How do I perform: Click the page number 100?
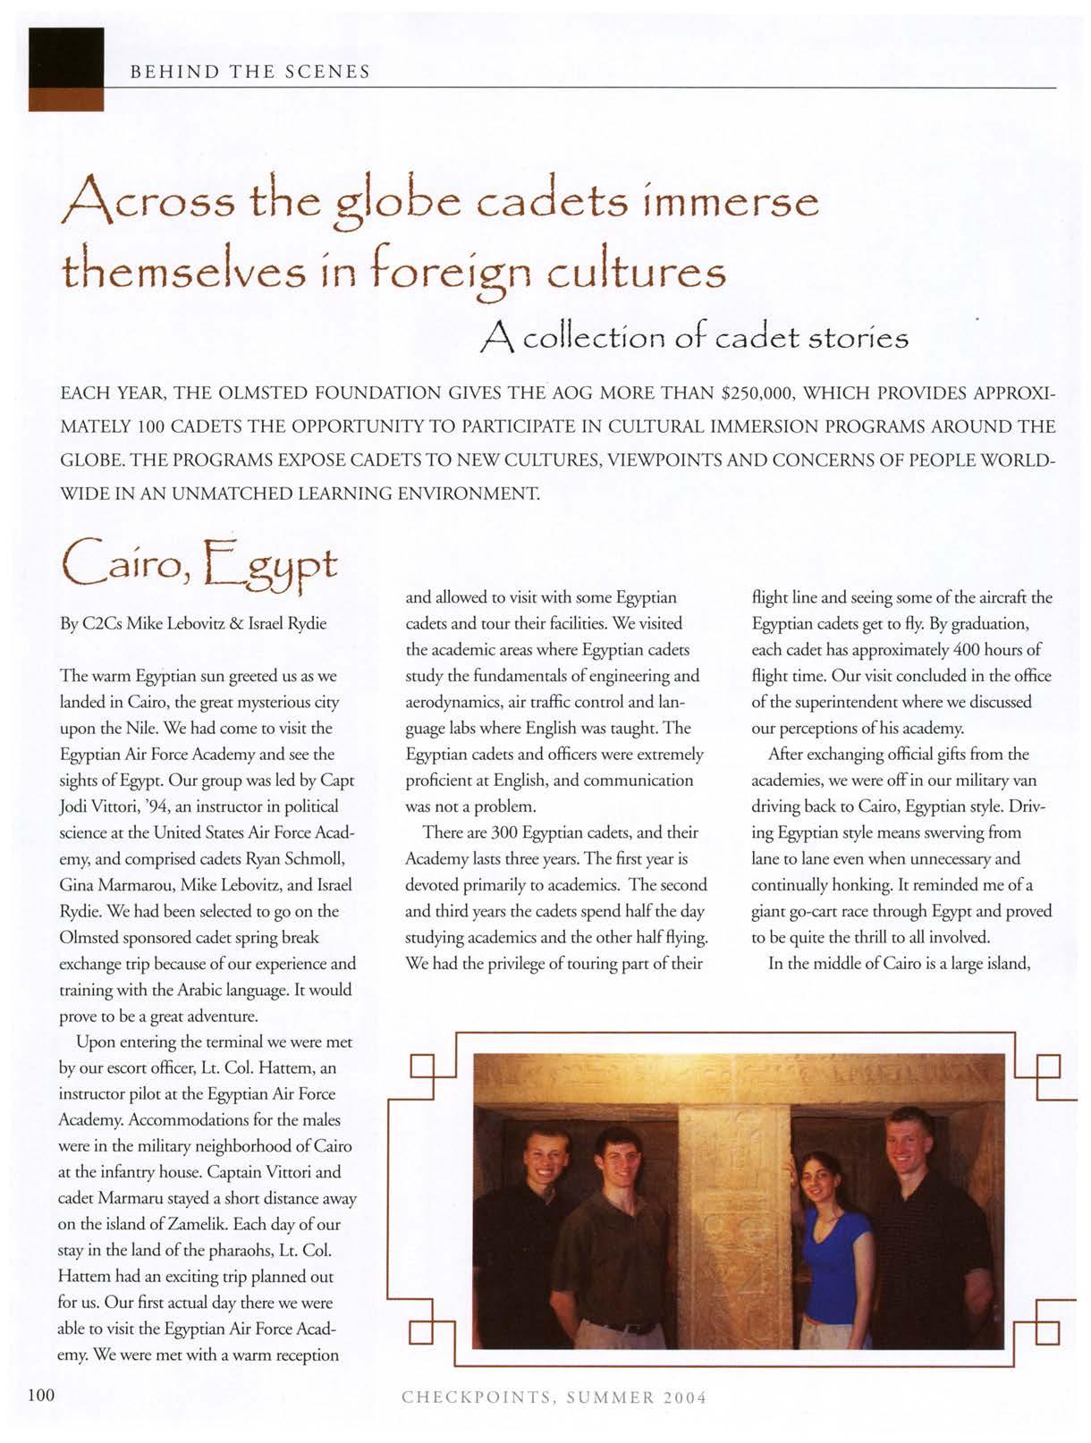(42, 1396)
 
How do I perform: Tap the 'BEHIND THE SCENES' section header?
(249, 71)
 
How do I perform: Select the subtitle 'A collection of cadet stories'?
(695, 338)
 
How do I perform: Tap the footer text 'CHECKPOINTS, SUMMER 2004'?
(554, 1397)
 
